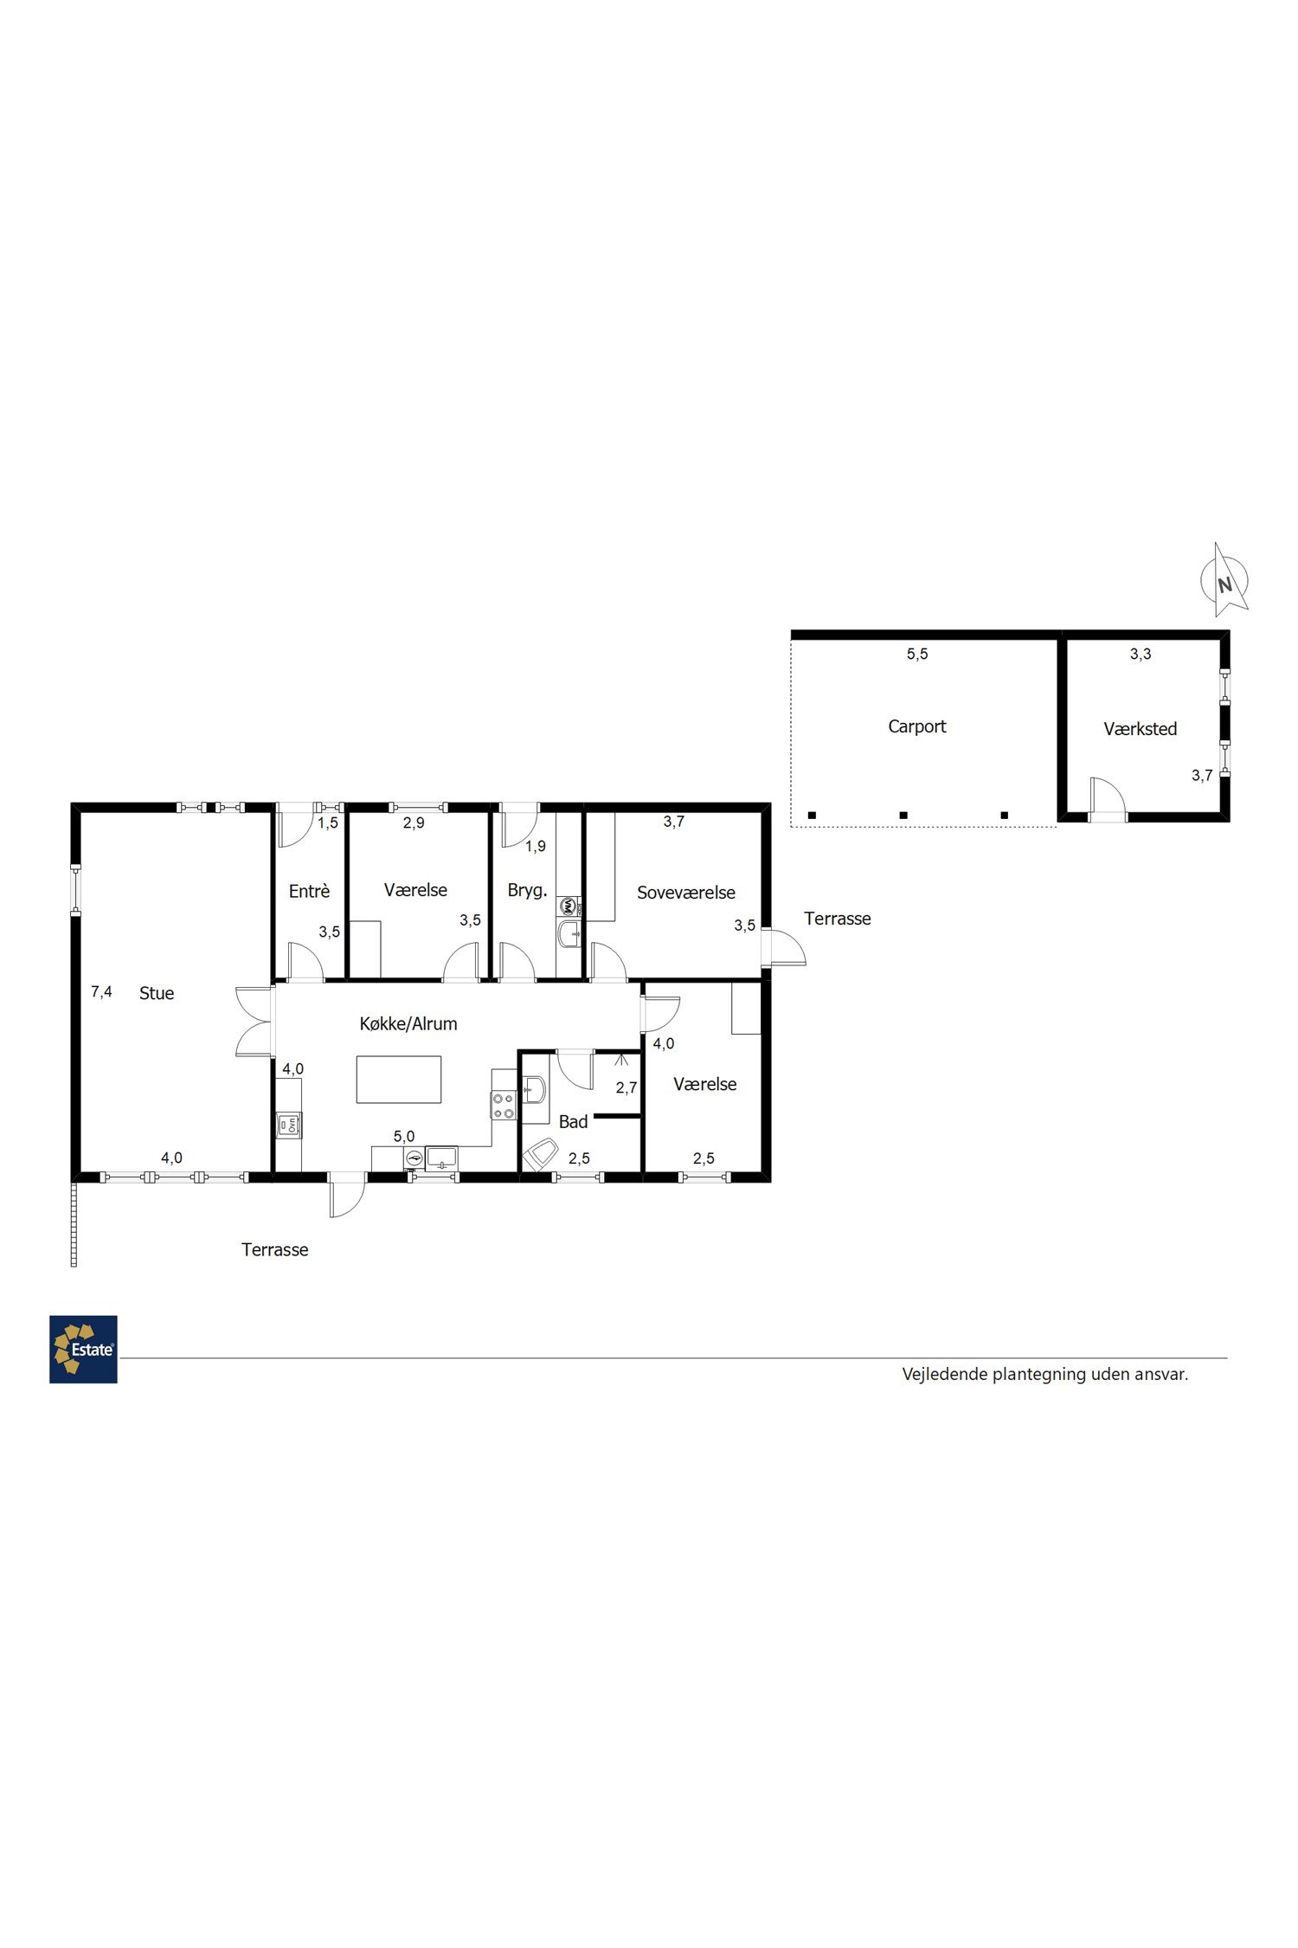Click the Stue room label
pos(157,993)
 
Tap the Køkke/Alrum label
pos(408,1023)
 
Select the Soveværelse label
pos(686,893)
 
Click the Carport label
pos(917,726)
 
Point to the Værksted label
pos(1141,729)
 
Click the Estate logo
pos(83,1349)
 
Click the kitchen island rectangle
pos(399,1079)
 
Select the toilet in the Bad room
pos(540,1155)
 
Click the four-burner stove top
pos(504,1106)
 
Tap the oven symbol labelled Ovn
pos(289,1125)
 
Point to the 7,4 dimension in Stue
pos(102,992)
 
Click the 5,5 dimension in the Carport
pos(917,655)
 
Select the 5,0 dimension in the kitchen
pos(404,1137)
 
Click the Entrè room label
pos(309,891)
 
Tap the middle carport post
pos(903,815)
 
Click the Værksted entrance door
pos(1108,797)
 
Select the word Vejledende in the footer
pos(945,1374)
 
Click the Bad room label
pos(573,1122)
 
